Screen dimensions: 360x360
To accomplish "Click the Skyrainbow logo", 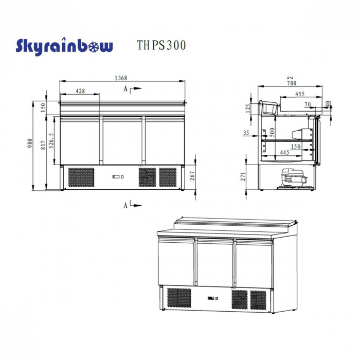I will coord(64,46).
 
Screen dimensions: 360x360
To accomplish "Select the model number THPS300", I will coord(161,45).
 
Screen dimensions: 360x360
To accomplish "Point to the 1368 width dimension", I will coord(121,78).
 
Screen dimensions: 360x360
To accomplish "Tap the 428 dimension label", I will coord(80,91).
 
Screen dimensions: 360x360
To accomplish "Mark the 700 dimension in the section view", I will coord(292,82).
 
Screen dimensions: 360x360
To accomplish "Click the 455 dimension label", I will coord(300,94).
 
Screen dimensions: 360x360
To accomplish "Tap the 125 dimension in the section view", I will coord(247,108).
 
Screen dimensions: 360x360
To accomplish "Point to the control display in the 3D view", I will coord(213,298).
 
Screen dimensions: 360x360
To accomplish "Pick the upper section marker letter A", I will coord(125,89).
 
